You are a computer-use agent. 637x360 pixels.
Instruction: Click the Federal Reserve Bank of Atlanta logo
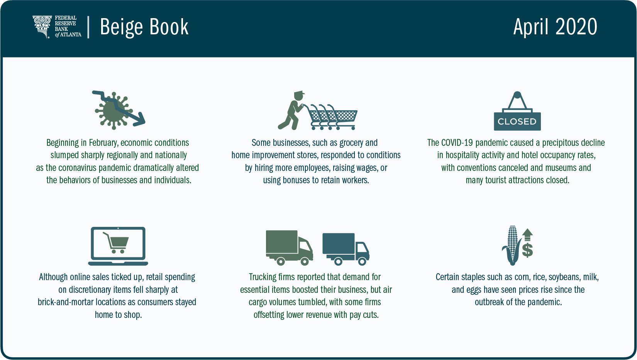[x=57, y=27]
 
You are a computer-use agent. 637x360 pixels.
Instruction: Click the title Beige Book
[x=144, y=27]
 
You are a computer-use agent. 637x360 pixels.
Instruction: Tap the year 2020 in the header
[x=576, y=27]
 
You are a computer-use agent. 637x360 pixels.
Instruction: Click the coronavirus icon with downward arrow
[x=119, y=110]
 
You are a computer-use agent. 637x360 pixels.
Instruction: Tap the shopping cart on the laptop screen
[x=116, y=243]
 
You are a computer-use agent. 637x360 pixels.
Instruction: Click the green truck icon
[x=290, y=248]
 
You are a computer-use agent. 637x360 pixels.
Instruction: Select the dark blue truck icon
[x=346, y=249]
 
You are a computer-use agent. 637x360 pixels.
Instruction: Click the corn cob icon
[x=512, y=245]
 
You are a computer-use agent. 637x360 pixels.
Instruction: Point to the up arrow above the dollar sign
[x=527, y=235]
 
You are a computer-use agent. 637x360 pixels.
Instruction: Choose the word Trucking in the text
[x=263, y=277]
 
